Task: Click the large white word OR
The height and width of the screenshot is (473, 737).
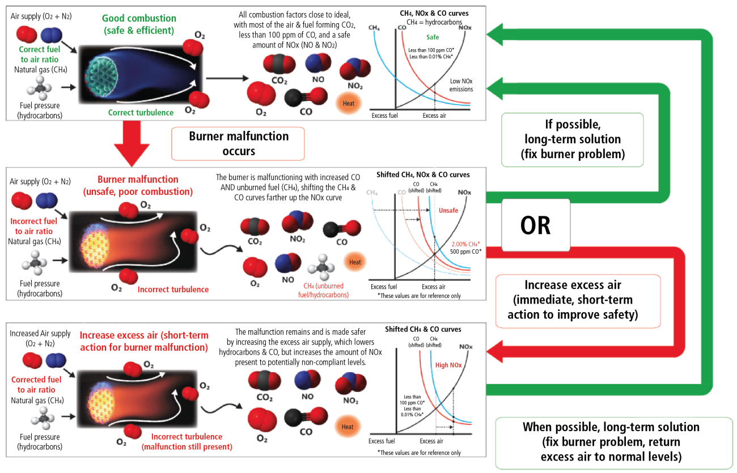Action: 535,224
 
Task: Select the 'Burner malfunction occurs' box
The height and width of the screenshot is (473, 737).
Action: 238,143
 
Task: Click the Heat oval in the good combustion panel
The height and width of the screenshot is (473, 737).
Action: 348,104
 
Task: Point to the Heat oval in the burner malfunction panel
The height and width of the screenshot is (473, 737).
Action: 355,262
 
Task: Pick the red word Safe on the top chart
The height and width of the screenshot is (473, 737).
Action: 433,37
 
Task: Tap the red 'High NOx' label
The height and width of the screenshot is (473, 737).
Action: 449,365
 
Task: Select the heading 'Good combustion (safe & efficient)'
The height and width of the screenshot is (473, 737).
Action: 139,24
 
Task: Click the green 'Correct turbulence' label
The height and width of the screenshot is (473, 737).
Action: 141,112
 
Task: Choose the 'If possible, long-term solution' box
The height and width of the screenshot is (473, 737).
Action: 572,139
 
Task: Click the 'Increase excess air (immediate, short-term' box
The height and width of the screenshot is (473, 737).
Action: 578,300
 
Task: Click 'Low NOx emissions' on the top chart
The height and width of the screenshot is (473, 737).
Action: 461,85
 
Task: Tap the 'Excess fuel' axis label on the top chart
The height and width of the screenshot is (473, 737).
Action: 388,116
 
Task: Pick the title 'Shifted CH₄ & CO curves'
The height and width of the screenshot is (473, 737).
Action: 423,329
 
